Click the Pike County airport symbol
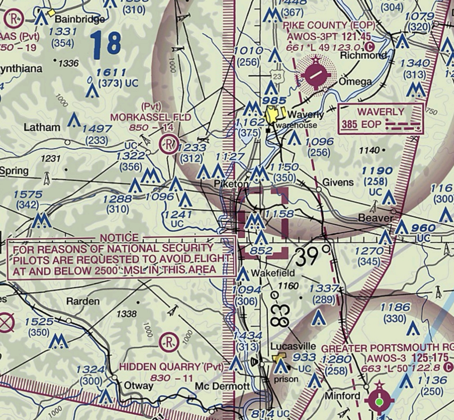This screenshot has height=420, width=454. click(x=315, y=74)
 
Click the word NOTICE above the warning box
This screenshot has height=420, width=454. click(x=119, y=238)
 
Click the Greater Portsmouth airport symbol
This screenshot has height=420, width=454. click(x=379, y=401)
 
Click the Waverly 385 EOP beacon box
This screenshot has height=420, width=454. click(x=380, y=118)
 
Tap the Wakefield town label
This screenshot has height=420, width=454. click(x=273, y=274)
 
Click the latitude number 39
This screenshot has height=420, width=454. click(x=306, y=256)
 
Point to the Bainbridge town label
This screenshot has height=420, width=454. click(x=80, y=19)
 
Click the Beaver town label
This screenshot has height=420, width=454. click(x=376, y=218)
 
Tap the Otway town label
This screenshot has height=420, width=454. click(x=138, y=386)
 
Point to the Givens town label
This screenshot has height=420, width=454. click(x=338, y=182)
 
